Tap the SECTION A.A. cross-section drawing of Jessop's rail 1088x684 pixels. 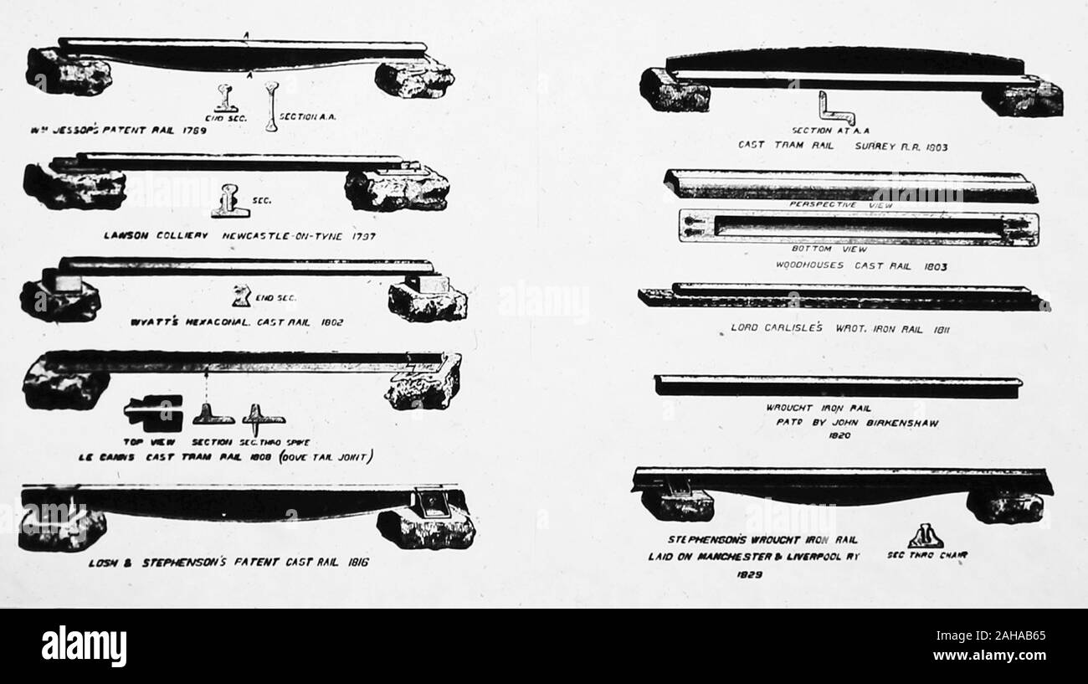click(270, 105)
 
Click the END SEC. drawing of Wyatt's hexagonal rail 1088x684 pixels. click(243, 295)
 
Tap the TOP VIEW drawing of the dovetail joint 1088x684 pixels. click(153, 410)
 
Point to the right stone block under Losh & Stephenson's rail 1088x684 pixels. click(427, 526)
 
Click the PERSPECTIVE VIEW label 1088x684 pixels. click(841, 204)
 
